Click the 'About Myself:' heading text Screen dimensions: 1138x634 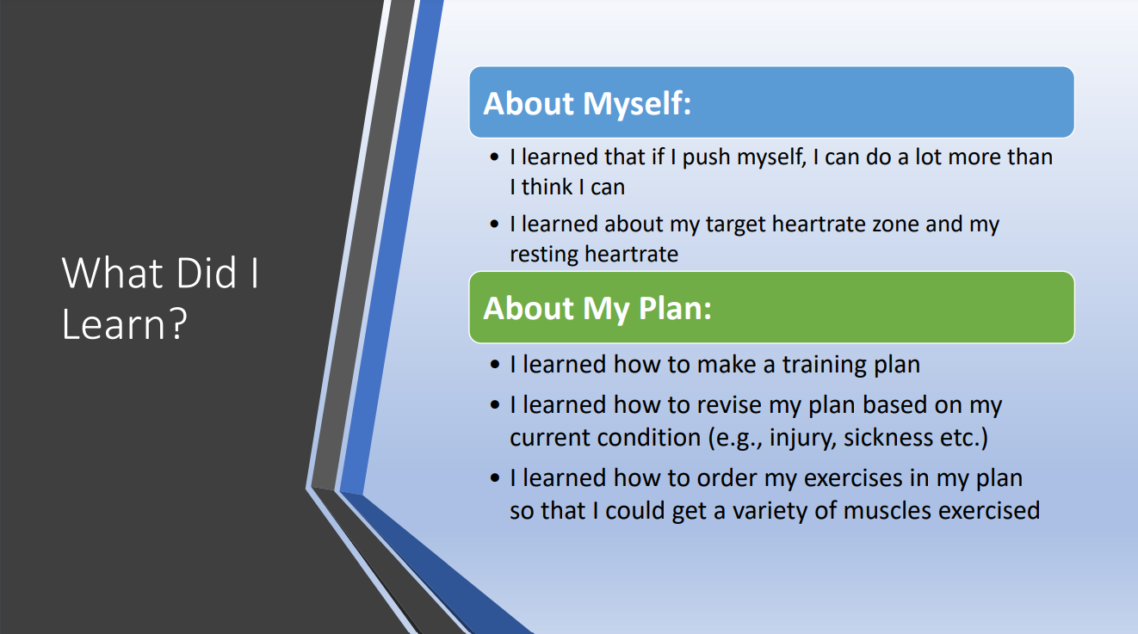click(587, 104)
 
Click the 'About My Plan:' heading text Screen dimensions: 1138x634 click(597, 309)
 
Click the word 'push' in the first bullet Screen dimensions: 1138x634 click(706, 158)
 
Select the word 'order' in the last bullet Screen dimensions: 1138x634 click(727, 478)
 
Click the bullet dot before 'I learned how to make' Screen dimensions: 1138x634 click(495, 365)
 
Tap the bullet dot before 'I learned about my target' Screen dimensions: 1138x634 click(495, 224)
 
